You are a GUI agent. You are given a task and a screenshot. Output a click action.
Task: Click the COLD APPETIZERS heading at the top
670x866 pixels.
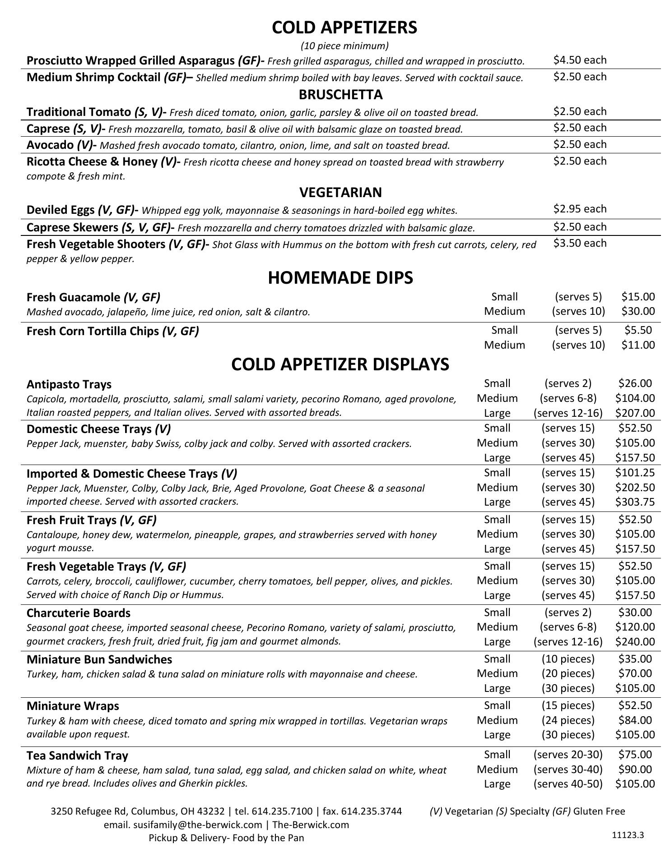[x=344, y=28]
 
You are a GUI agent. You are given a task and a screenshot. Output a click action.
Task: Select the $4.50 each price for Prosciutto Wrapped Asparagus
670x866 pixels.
[x=580, y=60]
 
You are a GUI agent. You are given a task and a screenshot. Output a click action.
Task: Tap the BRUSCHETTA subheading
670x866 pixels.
[x=340, y=95]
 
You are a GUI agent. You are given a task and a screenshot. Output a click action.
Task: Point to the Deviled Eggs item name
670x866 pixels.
[x=60, y=210]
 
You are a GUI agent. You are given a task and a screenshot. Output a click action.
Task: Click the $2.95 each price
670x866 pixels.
[x=580, y=209]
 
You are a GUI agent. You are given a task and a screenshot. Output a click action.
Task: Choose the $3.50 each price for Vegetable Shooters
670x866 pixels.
[x=580, y=243]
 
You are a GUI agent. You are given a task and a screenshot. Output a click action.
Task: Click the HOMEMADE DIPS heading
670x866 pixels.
[x=340, y=277]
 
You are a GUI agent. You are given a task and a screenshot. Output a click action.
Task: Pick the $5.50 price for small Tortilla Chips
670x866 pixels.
[x=637, y=330]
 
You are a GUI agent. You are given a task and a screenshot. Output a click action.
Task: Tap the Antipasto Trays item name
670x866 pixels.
[x=69, y=384]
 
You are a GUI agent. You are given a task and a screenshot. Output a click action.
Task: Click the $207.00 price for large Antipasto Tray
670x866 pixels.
[x=635, y=413]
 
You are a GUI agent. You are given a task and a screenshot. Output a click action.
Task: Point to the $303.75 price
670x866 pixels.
[x=635, y=502]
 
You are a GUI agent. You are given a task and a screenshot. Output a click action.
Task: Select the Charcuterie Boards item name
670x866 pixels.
[x=78, y=613]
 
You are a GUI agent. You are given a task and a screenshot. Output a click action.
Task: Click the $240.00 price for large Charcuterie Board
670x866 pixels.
[x=635, y=641]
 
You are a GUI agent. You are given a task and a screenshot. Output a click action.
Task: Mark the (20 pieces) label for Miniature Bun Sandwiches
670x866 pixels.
[x=568, y=673]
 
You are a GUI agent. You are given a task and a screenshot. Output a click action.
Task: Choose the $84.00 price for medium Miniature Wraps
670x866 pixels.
[x=635, y=720]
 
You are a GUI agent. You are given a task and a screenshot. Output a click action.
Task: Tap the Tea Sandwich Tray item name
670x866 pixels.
[x=77, y=755]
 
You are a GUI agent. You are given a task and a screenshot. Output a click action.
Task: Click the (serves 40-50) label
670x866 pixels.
[x=568, y=783]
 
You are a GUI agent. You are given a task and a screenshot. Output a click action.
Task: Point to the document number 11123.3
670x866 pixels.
[x=628, y=834]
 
